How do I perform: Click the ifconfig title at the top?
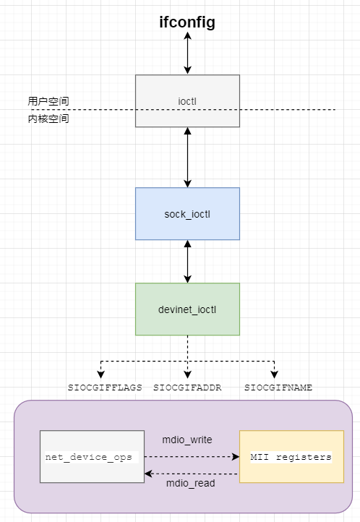pos(187,22)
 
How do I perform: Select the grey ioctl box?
pos(187,100)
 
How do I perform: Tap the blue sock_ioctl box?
pos(187,214)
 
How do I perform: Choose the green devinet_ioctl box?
pos(187,309)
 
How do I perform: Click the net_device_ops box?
pos(91,457)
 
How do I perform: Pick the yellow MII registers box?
pos(291,457)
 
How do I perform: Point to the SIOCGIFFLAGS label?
pos(105,388)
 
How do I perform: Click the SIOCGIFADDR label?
pos(187,388)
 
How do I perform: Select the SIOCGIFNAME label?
pos(278,388)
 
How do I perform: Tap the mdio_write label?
pos(187,439)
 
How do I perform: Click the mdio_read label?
pos(190,484)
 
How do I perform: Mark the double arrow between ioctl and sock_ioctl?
pos(187,158)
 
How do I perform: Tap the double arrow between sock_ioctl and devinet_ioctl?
pos(187,262)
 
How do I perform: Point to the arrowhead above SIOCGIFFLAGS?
pos(100,375)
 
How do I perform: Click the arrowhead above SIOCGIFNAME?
pos(274,375)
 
